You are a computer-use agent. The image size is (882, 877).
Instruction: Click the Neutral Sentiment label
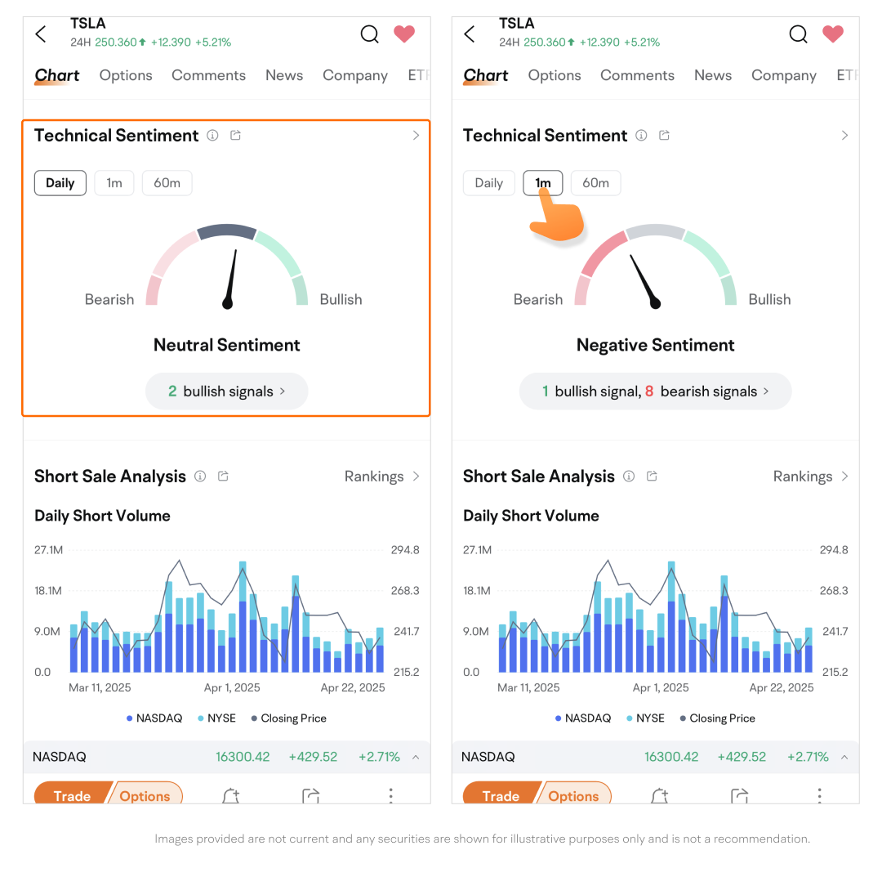227,345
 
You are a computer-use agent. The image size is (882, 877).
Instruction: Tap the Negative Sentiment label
655,345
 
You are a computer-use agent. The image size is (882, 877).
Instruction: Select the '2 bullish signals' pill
227,392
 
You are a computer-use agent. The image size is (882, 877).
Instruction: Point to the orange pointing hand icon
558,218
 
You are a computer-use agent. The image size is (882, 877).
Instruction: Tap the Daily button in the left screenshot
60,183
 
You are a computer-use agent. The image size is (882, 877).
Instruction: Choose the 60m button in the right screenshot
595,183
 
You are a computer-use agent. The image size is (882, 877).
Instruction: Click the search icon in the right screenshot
798,34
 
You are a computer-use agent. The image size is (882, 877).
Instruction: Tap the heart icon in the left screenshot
404,34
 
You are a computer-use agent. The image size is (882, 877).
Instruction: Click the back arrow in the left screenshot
41,34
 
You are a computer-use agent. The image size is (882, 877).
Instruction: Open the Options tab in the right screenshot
555,75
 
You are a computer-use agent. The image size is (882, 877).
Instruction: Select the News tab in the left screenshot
284,75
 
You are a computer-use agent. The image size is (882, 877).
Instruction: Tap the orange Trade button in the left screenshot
72,795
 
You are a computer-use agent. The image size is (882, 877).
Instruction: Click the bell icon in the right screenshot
659,795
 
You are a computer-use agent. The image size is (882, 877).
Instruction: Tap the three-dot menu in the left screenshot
391,795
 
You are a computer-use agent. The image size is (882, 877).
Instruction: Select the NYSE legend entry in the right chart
645,718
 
